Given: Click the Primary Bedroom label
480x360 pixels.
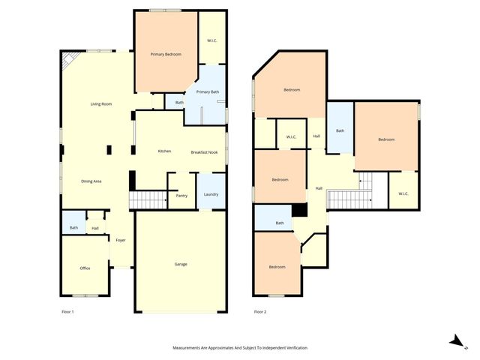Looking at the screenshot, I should point(166,54).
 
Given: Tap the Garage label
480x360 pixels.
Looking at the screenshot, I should point(181,264).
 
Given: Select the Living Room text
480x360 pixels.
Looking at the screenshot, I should point(101,103).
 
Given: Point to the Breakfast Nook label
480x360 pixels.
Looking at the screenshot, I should point(204,151).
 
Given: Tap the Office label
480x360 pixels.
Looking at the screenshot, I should point(85,268).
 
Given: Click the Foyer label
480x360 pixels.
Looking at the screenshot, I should point(120,240).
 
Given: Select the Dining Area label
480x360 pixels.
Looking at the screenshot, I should point(91,181).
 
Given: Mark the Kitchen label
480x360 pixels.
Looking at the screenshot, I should point(164,151).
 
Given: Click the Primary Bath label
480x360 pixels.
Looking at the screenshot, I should point(208,91).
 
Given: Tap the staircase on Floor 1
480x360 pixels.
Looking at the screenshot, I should point(147,200).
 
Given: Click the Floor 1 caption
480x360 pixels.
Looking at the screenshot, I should point(67,310).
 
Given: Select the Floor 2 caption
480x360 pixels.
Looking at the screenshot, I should point(260,310).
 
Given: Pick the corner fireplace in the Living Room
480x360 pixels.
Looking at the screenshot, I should point(68,59).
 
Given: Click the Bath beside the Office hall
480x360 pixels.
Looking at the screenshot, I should point(73,228).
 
